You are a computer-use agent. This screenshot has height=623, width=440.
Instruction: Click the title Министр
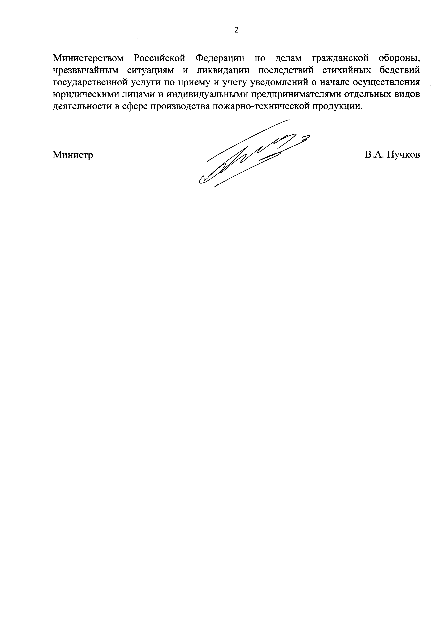tap(73, 155)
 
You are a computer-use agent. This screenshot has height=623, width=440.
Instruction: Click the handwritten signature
tap(252, 157)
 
